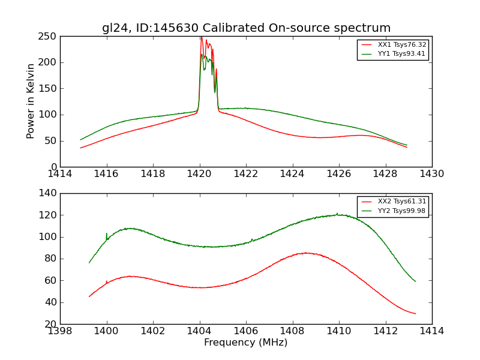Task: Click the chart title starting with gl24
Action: pos(246,28)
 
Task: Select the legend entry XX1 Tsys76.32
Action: pos(401,45)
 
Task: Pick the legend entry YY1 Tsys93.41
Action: pos(401,54)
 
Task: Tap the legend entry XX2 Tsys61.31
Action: pos(401,202)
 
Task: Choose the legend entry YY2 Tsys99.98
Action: pos(401,211)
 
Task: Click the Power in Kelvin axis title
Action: pos(31,101)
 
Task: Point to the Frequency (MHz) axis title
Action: pos(246,343)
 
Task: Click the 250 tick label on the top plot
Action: pos(49,37)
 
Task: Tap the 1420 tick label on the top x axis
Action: pos(200,174)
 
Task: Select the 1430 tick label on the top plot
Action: pos(431,174)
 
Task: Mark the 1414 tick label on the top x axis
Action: pos(61,174)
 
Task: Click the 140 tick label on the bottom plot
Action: pos(49,193)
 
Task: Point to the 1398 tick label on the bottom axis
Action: pos(61,331)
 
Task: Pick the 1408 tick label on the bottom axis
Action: pos(292,331)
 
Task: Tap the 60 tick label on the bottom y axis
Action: pos(52,280)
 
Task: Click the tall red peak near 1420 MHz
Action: pos(201,38)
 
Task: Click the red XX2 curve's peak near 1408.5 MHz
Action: pos(305,253)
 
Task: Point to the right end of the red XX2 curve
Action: pos(415,313)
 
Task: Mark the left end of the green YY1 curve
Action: pos(81,140)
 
